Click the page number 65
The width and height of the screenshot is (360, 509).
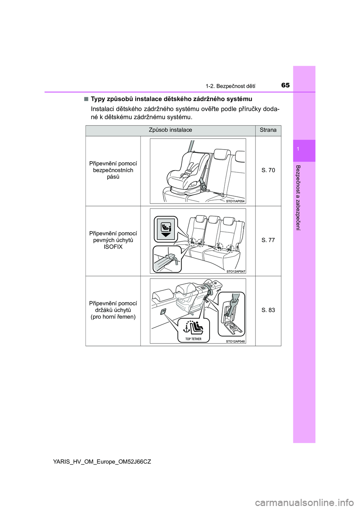[285, 85]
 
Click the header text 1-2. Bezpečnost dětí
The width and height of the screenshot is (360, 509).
[230, 86]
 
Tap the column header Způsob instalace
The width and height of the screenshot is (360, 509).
[170, 130]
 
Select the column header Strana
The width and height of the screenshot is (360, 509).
[268, 130]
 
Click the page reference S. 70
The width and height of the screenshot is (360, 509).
[268, 170]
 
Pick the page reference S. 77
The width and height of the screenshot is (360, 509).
[268, 240]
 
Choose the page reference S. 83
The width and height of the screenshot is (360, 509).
[268, 310]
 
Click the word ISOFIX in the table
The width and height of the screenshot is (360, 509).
[113, 247]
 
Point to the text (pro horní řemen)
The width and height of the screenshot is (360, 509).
[113, 317]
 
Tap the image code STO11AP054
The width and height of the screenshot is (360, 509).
[235, 201]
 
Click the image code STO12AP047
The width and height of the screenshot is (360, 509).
[235, 271]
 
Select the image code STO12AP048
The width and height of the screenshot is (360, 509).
[235, 341]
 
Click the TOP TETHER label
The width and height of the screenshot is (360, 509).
[193, 339]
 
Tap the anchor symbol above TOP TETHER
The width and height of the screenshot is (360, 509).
[186, 329]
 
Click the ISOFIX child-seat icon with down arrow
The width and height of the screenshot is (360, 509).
[166, 229]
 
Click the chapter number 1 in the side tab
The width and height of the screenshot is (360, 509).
[298, 150]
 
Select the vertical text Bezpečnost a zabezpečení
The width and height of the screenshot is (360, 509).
[298, 198]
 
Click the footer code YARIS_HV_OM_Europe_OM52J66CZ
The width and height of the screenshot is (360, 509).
[102, 462]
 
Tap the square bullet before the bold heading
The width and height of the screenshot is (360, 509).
[86, 99]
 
